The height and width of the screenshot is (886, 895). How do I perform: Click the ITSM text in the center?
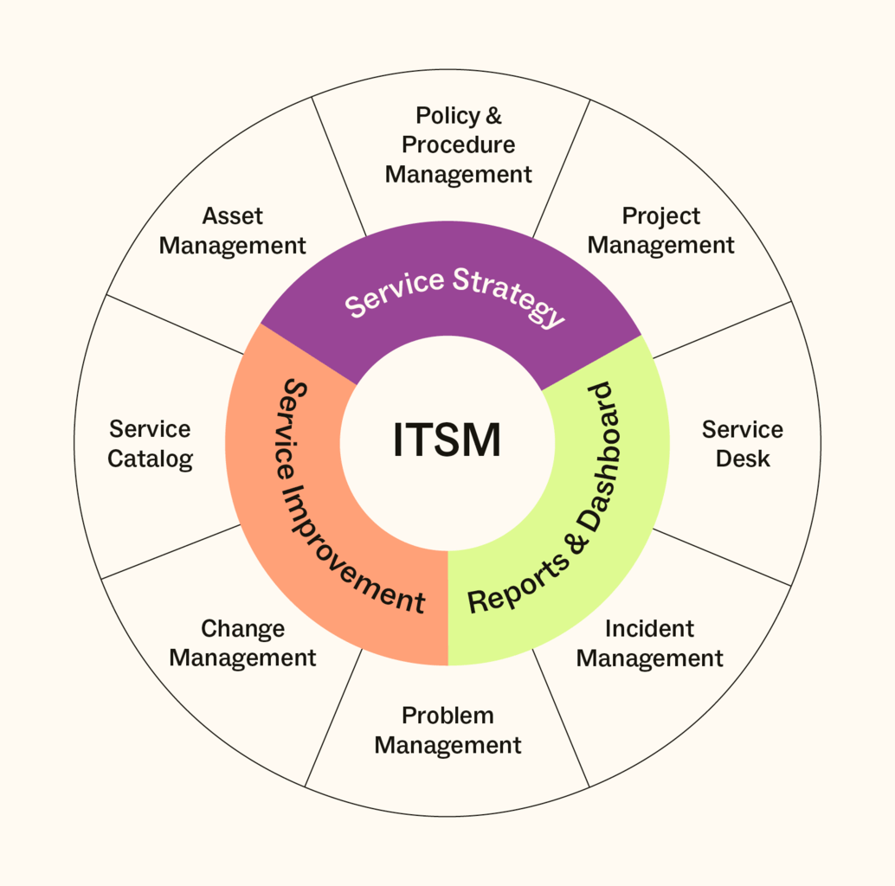pos(447,440)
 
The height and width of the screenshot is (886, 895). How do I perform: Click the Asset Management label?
pos(232,230)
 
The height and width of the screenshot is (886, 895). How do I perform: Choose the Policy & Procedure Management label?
pos(458,144)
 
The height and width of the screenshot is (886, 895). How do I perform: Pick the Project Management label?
pos(661,230)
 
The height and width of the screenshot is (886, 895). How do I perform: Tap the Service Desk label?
pos(743,443)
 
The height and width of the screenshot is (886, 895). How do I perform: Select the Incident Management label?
pos(649,643)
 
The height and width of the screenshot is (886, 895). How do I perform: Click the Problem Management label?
pos(447,730)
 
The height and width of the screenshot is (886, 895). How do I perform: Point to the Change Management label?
pos(242,643)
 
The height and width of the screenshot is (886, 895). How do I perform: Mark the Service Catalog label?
pos(150,443)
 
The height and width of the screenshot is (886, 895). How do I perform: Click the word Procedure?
pos(458,144)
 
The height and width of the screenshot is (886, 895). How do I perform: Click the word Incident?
pos(649,628)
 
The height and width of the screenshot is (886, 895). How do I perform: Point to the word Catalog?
pos(150,459)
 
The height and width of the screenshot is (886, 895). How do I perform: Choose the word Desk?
pos(743,459)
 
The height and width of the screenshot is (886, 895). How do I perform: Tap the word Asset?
pos(232,215)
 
